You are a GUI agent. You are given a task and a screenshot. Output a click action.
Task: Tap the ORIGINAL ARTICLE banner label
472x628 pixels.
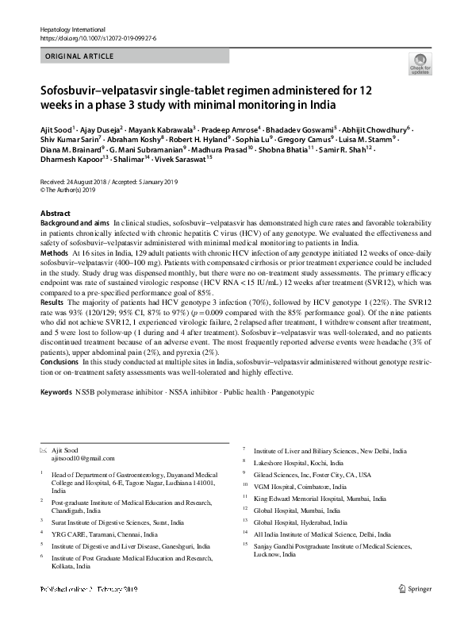[x=79, y=57]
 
